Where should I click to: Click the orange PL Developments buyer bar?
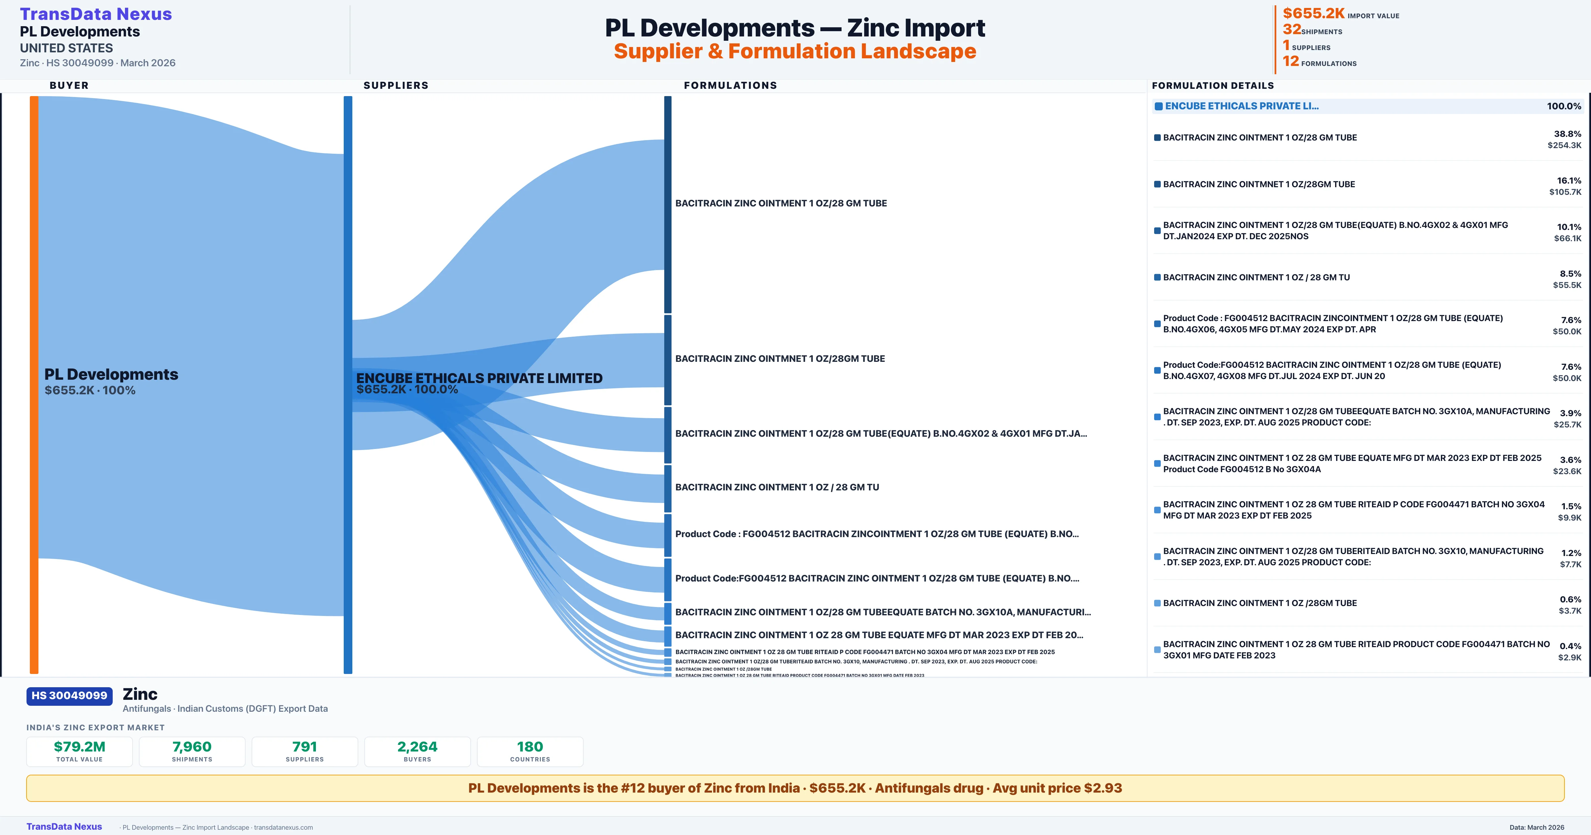click(x=34, y=383)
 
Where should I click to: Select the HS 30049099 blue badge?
click(x=69, y=696)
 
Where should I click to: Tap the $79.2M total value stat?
click(x=80, y=747)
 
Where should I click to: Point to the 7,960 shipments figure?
click(x=192, y=747)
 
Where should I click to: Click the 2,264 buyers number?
click(x=418, y=747)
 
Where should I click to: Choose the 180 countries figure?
click(x=530, y=747)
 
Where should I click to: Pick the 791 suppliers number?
click(x=305, y=747)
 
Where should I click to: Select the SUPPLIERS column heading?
click(x=396, y=85)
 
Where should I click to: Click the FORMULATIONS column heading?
click(x=730, y=85)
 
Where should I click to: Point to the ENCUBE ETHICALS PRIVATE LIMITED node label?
click(x=479, y=378)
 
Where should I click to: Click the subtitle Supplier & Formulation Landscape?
click(x=795, y=51)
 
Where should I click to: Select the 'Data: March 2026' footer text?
click(x=1537, y=827)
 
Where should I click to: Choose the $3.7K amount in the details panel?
click(x=1569, y=611)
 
